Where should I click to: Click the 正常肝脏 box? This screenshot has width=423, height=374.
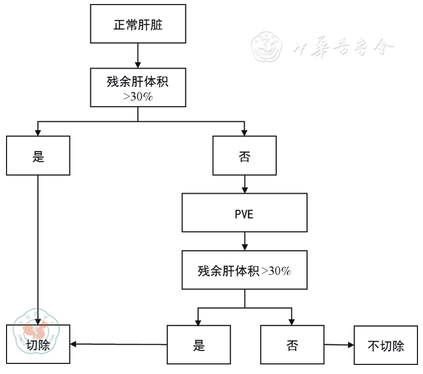138,24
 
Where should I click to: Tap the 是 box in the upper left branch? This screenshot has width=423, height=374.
38,156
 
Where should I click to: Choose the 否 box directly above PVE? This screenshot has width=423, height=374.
245,156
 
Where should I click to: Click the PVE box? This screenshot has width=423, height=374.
245,213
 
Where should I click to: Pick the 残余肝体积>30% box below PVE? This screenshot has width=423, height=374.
245,270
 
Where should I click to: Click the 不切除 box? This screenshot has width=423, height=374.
386,345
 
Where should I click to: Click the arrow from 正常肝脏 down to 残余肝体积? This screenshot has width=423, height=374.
138,56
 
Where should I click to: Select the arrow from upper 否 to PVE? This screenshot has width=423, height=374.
245,184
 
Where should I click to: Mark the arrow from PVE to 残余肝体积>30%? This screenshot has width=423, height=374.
245,242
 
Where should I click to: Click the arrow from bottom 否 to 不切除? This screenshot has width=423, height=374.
339,345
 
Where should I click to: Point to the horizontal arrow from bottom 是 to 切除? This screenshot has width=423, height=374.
118,345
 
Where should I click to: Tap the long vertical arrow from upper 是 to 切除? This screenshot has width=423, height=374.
38,248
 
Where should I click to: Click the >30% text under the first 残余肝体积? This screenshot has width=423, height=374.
138,97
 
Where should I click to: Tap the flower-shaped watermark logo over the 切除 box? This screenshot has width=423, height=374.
34,331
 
